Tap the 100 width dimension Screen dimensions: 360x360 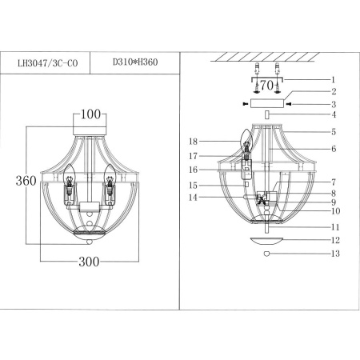point(93,115)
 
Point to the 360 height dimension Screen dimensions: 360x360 point(26,181)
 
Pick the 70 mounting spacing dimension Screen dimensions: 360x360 point(268,82)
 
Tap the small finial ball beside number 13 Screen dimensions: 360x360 point(267,254)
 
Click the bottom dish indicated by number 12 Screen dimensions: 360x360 point(267,240)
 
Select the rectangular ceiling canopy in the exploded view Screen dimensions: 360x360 point(268,104)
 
